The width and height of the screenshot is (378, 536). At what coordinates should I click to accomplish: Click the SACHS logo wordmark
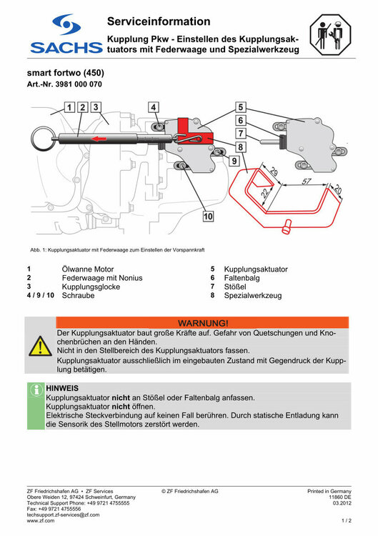point(66,47)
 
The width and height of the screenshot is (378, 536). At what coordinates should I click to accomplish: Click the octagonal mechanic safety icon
point(331,34)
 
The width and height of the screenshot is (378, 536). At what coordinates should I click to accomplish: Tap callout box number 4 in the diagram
point(153,107)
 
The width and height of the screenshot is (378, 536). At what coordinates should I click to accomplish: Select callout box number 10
point(208,216)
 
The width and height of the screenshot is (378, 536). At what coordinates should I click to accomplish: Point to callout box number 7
point(241,134)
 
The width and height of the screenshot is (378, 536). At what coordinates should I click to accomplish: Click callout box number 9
point(234,160)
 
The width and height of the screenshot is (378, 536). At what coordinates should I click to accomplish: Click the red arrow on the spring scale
point(100,139)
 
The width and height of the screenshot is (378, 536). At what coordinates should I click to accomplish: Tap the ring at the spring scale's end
point(42,139)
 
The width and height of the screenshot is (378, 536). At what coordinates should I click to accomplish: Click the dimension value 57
point(307,181)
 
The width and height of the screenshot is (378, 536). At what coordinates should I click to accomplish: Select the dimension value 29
point(274,172)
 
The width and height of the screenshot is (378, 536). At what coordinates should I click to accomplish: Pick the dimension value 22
point(265,194)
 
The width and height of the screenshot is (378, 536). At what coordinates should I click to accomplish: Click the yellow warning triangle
point(40,347)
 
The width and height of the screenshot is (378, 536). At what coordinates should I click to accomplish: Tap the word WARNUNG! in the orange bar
point(203,323)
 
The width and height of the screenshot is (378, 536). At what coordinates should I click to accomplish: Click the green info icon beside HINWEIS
point(36,389)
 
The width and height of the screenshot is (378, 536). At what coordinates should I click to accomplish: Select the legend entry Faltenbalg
point(242,278)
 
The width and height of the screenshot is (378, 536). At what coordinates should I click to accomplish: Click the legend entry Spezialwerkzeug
point(253,295)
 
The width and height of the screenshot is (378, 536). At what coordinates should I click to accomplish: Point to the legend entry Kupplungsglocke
point(91,287)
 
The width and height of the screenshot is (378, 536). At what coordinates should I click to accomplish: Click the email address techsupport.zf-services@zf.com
point(63,515)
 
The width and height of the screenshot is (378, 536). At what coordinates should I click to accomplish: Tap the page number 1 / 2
point(347,520)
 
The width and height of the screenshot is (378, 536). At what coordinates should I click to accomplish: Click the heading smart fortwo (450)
point(66,73)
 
